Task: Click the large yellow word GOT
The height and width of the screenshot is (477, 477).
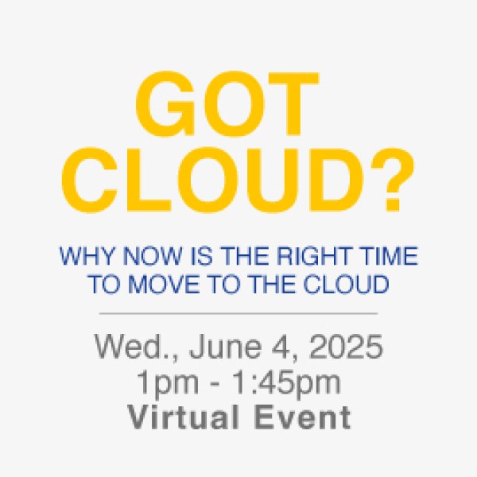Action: (x=227, y=103)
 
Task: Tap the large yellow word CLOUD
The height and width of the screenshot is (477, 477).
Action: (x=212, y=180)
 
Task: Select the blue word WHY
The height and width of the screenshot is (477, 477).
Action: (x=89, y=256)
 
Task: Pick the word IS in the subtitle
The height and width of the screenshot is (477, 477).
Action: (x=201, y=256)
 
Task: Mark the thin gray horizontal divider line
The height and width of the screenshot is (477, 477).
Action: (x=238, y=313)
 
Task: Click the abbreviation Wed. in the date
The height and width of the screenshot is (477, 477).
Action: (x=135, y=347)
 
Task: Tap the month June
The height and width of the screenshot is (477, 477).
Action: (x=225, y=347)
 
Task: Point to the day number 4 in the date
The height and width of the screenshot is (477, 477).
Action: (x=281, y=347)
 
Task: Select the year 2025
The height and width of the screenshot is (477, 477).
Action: (x=346, y=347)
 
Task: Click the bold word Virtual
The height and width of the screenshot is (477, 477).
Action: (x=183, y=417)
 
